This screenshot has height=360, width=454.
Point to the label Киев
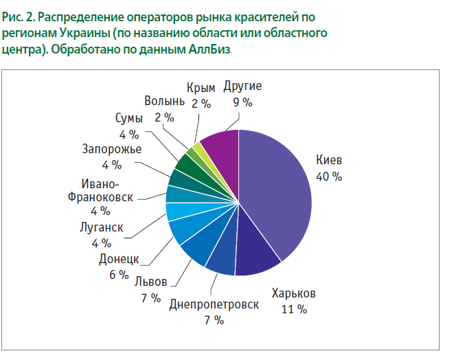click(328, 161)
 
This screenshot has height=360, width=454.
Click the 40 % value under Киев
click(328, 177)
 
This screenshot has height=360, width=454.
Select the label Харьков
click(293, 293)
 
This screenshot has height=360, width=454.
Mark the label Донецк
click(118, 259)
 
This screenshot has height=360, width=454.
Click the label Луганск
click(100, 227)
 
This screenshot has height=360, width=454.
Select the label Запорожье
click(111, 149)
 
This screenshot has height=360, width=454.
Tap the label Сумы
click(129, 119)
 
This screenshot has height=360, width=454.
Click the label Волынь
click(164, 102)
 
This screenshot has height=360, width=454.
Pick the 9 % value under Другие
click(242, 102)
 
